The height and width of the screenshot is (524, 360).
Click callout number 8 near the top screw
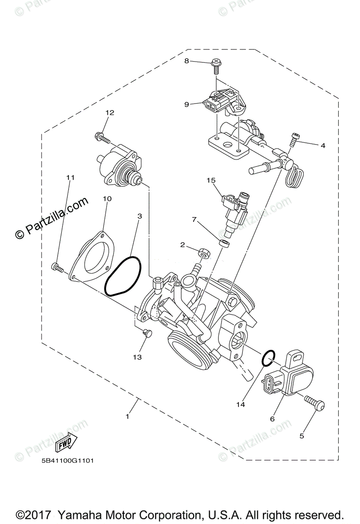tap(187, 61)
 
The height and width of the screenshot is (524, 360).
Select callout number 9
tap(187, 104)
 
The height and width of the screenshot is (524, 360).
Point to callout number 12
tap(109, 113)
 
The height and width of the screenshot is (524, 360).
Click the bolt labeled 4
tap(294, 138)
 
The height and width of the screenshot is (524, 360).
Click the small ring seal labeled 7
tap(225, 242)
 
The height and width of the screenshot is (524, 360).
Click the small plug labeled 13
tap(147, 334)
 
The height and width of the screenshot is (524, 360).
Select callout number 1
tap(128, 417)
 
